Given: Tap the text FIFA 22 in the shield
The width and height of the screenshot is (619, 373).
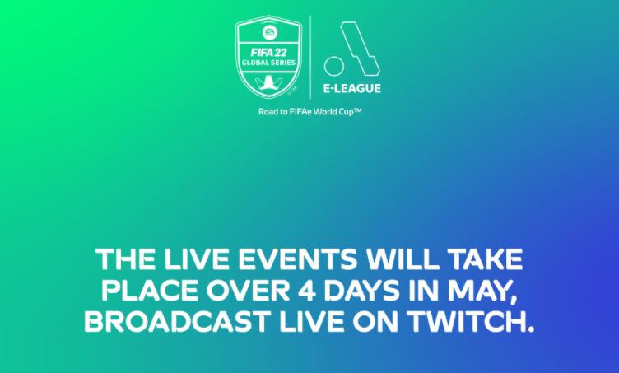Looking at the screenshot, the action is [268, 53].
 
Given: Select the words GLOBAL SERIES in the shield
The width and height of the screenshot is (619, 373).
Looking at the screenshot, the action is [268, 63].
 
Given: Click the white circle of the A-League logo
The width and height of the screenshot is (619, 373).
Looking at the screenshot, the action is [334, 66].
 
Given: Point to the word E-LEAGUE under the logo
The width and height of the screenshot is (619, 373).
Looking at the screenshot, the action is [352, 88].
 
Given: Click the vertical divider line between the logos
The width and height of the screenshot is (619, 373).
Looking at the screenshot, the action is [310, 57].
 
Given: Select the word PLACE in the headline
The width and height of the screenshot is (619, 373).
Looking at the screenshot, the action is [150, 291].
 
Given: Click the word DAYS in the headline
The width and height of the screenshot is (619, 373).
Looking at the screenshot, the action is [361, 291].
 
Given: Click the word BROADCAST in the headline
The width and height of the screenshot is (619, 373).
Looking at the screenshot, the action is [177, 321].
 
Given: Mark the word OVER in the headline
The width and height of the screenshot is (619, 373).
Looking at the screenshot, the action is [249, 291].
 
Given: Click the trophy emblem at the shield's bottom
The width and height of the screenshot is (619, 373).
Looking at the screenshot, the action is [268, 83].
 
